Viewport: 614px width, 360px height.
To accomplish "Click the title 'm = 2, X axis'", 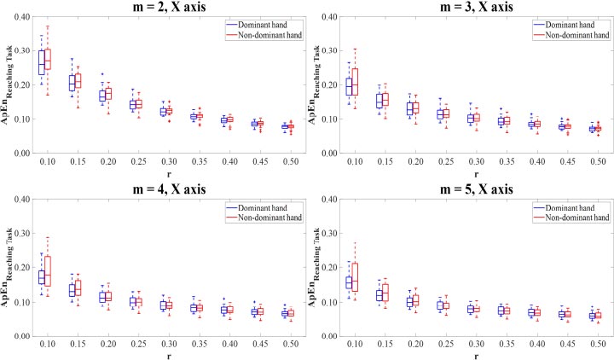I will (169, 8).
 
